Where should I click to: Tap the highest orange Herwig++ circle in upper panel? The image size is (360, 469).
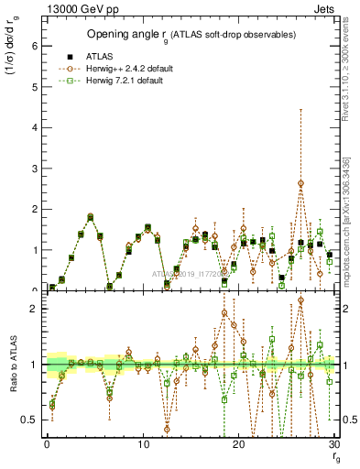[x=300, y=183]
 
